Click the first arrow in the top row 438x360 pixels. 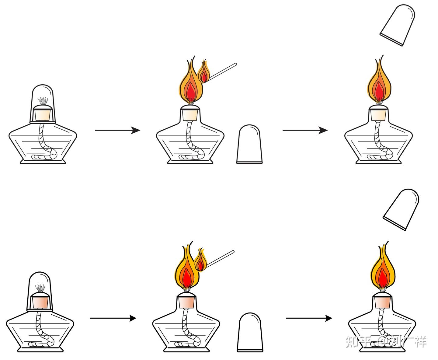[x=117, y=130]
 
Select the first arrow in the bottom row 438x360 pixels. [x=113, y=318]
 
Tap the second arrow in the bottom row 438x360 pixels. [x=309, y=318]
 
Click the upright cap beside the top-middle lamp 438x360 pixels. [x=249, y=145]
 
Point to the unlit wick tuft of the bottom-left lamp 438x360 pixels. [x=40, y=288]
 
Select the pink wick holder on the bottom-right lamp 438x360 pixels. [x=383, y=302]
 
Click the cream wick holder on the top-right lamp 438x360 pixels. [x=379, y=114]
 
